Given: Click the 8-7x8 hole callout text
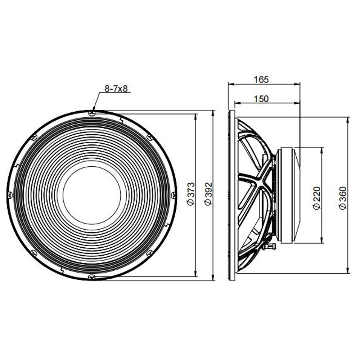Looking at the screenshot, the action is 116,89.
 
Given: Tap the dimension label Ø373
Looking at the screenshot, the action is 191,194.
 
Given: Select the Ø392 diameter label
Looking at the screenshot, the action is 208,194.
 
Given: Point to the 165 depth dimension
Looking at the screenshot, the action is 261,80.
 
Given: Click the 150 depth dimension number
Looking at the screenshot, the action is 261,99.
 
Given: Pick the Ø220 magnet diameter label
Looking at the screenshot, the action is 317,198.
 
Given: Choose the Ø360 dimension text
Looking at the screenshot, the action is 343,198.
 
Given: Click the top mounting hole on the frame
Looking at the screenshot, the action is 92,113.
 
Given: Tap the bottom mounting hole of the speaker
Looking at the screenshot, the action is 91,277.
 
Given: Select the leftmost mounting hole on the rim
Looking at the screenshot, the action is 10,195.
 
